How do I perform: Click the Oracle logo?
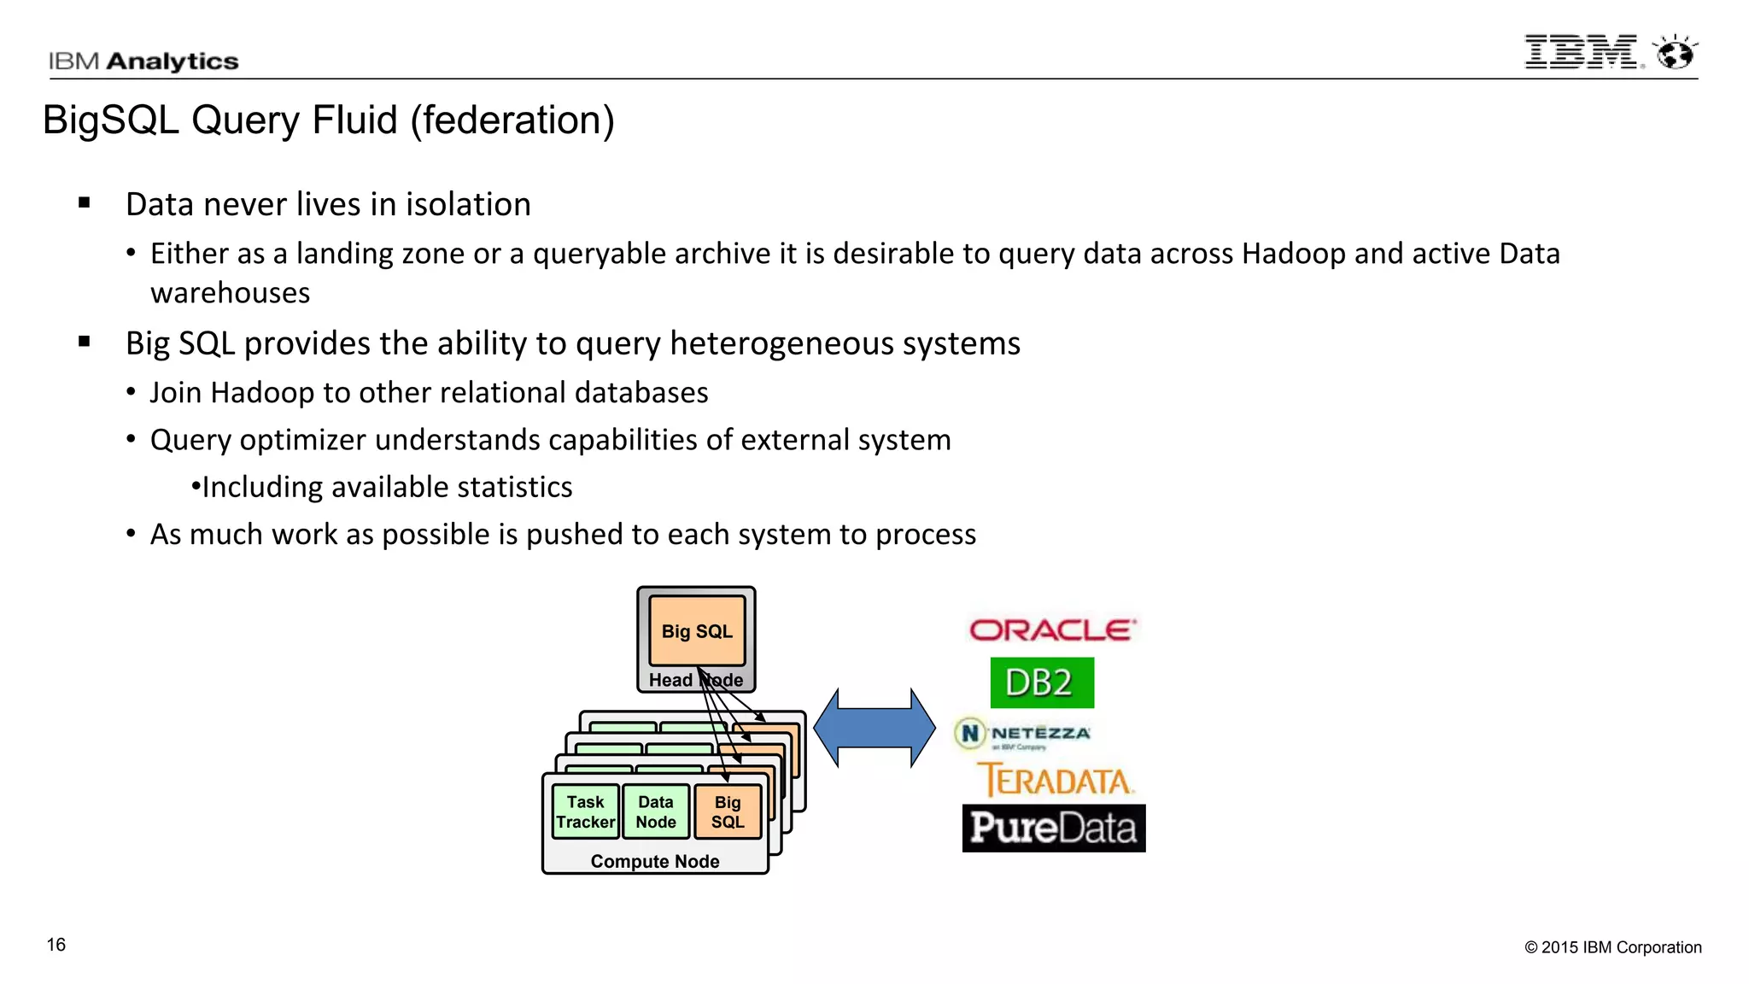point(1051,630)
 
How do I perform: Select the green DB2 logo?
point(1041,682)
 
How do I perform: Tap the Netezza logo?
point(1023,734)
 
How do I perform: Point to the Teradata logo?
point(1055,781)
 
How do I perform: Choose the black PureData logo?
point(1053,828)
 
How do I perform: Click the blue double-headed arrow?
point(874,728)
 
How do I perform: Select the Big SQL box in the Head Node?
point(697,631)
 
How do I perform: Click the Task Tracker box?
point(585,812)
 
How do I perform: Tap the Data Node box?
point(656,812)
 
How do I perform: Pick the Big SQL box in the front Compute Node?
point(728,812)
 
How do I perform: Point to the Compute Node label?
point(655,861)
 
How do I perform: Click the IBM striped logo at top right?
point(1581,52)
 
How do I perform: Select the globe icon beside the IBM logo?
point(1675,53)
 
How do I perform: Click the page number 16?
point(56,945)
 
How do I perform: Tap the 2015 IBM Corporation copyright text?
point(1612,947)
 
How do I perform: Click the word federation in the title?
point(511,120)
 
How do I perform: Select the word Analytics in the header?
point(173,61)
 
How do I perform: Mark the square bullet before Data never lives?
point(84,203)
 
